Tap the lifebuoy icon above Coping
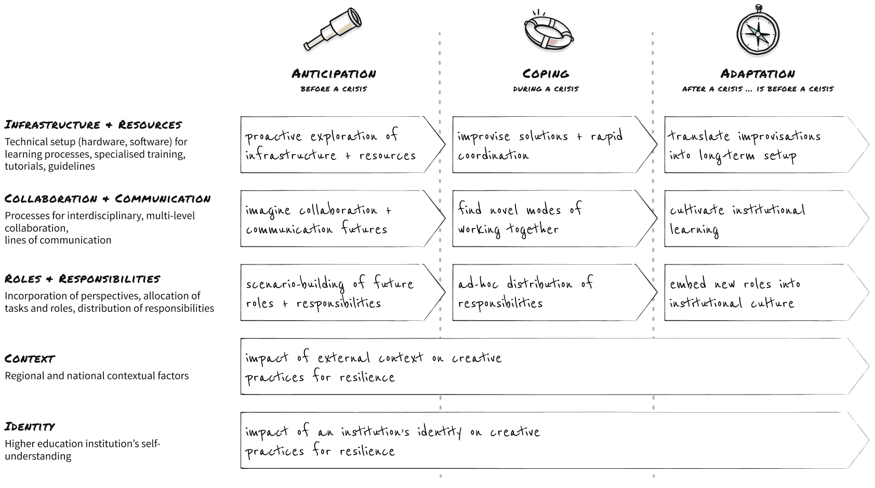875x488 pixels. point(547,33)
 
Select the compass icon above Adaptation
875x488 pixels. point(758,32)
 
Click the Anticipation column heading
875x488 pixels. point(334,74)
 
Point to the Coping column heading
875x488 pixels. point(546,74)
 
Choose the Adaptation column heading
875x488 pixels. point(758,74)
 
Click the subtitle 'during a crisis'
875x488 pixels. point(546,89)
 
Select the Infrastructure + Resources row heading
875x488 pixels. point(93,125)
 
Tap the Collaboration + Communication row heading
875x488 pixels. point(108,199)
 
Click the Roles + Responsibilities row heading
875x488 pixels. point(82,279)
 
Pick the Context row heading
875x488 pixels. point(30,359)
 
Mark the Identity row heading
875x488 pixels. point(30,427)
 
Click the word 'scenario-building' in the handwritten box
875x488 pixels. point(295,284)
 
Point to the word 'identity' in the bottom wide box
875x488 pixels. point(439,432)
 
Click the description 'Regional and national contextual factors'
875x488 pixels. point(97,376)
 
